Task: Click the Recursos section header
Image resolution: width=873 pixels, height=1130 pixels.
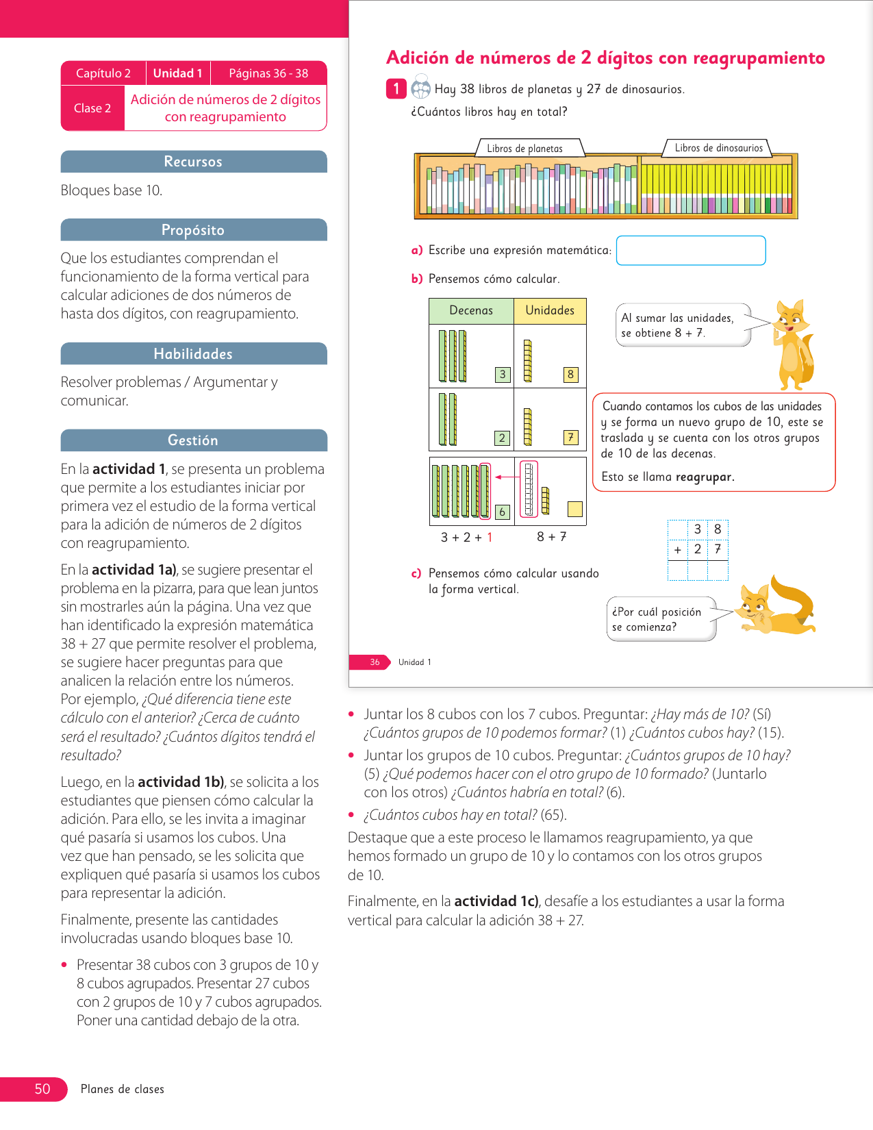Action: [x=193, y=162]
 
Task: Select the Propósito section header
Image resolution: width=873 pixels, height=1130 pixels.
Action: [x=193, y=230]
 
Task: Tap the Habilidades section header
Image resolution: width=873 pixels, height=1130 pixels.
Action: [x=193, y=354]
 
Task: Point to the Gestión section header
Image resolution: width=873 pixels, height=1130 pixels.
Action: [x=193, y=440]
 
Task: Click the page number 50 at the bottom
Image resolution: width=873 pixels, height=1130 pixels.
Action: [x=42, y=1089]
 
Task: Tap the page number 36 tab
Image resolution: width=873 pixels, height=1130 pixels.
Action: [x=375, y=662]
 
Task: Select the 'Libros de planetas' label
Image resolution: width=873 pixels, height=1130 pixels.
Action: [x=524, y=149]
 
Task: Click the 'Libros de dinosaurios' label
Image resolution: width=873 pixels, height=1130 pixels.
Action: [x=718, y=148]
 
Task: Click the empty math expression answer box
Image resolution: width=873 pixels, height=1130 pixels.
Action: [x=690, y=250]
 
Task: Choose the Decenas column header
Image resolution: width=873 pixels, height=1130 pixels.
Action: [x=471, y=310]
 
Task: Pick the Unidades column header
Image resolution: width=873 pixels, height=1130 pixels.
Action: [x=550, y=310]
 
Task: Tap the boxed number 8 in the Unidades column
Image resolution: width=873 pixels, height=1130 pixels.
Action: [x=570, y=374]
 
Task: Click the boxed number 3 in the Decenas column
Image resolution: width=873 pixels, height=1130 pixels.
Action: [x=503, y=374]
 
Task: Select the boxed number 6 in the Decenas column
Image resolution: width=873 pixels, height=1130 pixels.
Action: [x=503, y=512]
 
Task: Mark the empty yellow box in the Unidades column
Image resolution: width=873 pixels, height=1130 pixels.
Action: [x=575, y=509]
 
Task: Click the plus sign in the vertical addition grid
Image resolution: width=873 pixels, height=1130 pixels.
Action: [x=677, y=549]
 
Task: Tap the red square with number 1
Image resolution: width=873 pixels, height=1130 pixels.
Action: [x=396, y=89]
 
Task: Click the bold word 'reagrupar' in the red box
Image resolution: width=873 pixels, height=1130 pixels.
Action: [x=704, y=477]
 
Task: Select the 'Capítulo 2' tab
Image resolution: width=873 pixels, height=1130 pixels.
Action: [x=103, y=73]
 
